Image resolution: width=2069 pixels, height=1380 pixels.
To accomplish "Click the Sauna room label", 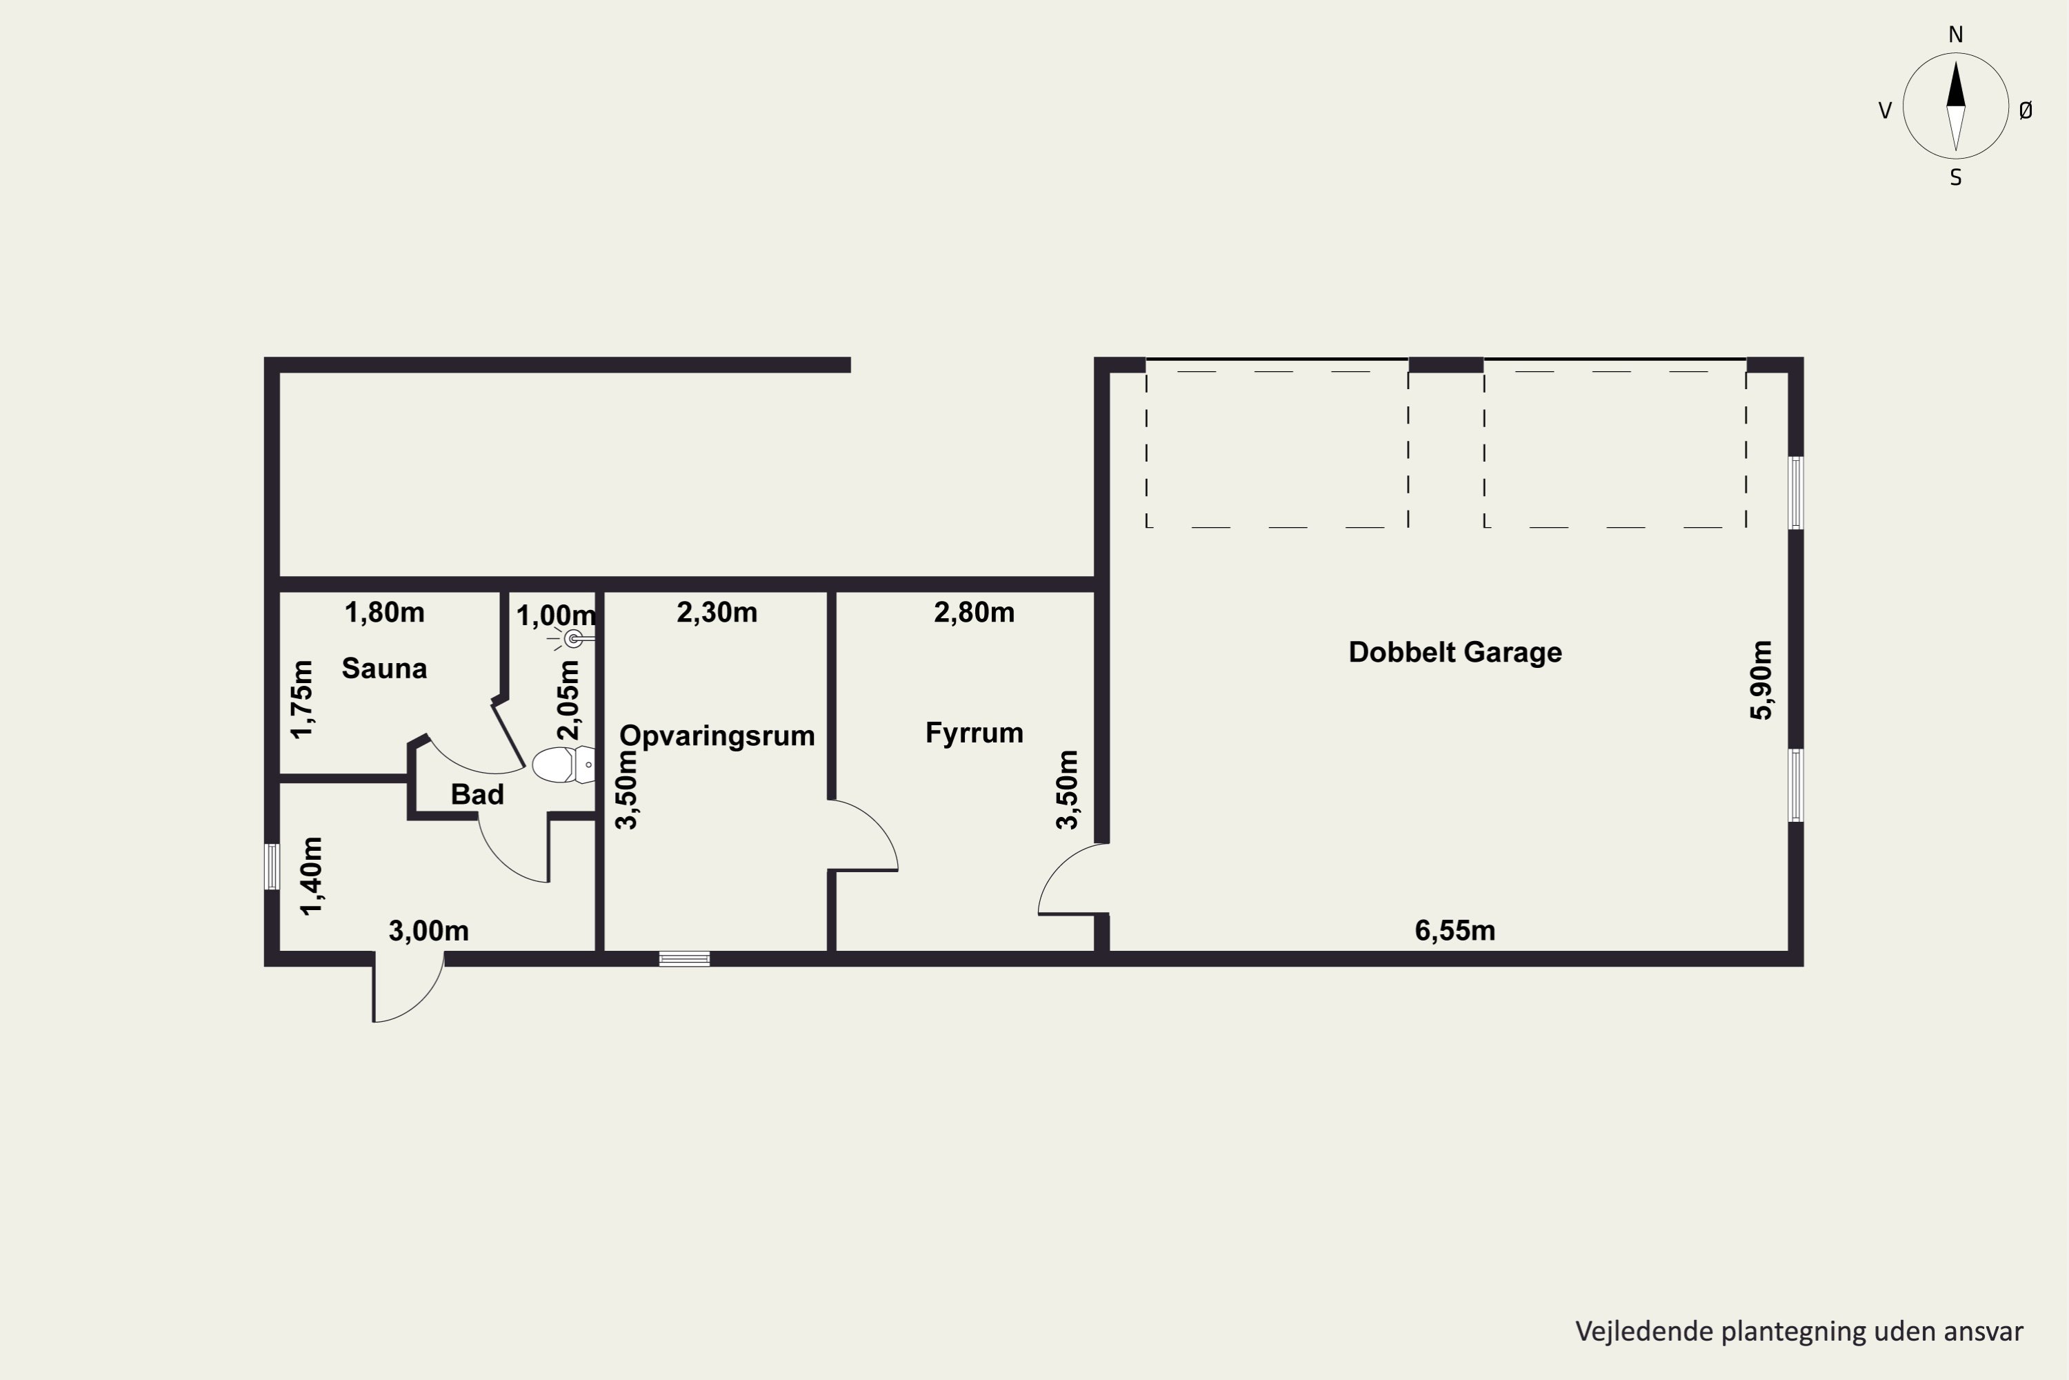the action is pyautogui.click(x=384, y=669).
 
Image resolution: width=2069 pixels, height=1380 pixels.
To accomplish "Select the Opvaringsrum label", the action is pyautogui.click(x=717, y=736).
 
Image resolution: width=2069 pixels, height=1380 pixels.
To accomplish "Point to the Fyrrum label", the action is pyautogui.click(x=974, y=733).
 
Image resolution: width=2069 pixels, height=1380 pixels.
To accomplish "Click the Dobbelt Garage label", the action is pyautogui.click(x=1455, y=652).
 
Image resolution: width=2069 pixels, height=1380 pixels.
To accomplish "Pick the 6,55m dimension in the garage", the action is pyautogui.click(x=1455, y=930).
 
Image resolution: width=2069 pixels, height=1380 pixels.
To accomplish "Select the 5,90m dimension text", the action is pyautogui.click(x=1761, y=680).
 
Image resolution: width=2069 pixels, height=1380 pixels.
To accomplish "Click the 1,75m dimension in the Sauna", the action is pyautogui.click(x=302, y=699).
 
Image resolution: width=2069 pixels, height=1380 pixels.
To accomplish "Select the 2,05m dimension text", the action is pyautogui.click(x=569, y=700).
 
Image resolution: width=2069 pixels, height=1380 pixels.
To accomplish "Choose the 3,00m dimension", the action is pyautogui.click(x=428, y=930).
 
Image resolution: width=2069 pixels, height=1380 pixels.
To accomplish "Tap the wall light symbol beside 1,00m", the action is pyautogui.click(x=572, y=639).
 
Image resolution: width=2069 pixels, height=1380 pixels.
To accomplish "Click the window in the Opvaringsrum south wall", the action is pyautogui.click(x=684, y=959).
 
